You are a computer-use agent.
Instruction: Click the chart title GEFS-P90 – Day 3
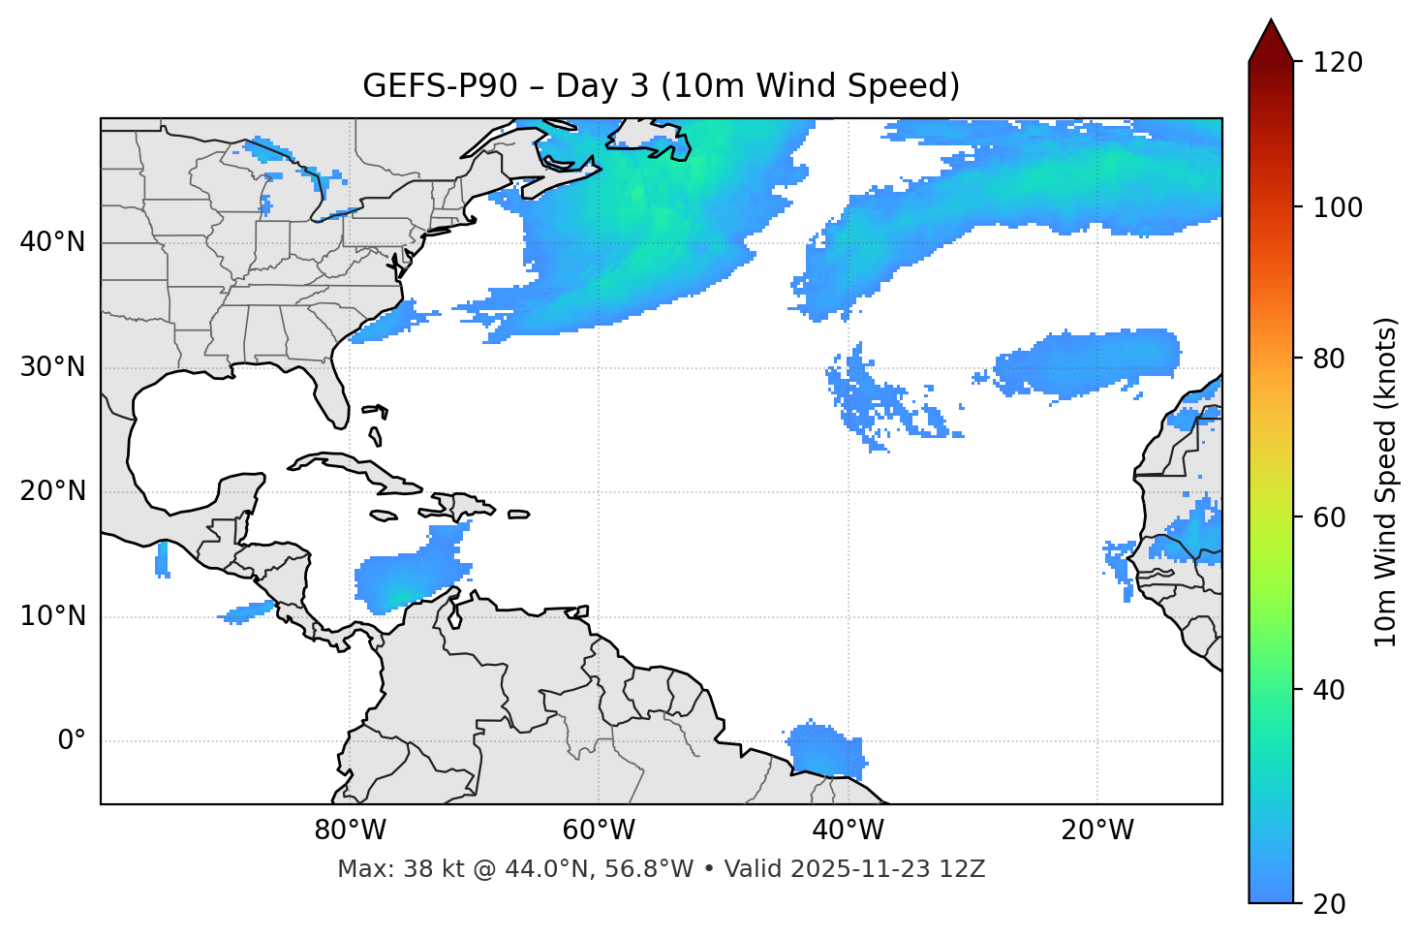661,86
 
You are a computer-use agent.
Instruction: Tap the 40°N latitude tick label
52,242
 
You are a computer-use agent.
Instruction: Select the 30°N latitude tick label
52,367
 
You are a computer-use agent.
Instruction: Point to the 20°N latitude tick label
52,491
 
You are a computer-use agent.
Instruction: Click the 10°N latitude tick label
52,616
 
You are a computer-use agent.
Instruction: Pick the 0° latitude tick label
72,741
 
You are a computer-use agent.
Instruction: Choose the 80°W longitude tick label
350,830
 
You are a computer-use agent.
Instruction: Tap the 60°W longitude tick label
599,830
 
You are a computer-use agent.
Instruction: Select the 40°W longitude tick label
848,830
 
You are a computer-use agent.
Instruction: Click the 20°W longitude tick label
1096,830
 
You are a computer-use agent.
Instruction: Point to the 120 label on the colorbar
1337,63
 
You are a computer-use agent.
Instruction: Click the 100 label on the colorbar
1337,207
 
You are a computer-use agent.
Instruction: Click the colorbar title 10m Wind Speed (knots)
1386,482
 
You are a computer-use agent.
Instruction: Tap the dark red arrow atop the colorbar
1271,42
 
